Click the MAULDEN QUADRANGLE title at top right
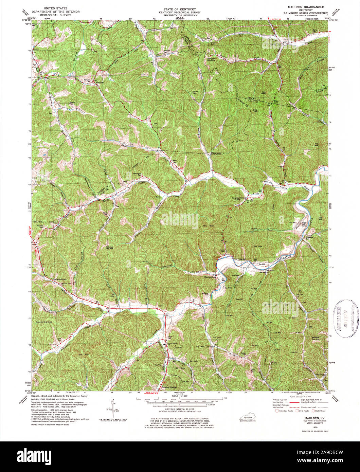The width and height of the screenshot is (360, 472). click(303, 7)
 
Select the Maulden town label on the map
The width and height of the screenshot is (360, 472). click(99, 83)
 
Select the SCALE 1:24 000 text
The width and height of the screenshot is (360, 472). click(180, 396)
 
